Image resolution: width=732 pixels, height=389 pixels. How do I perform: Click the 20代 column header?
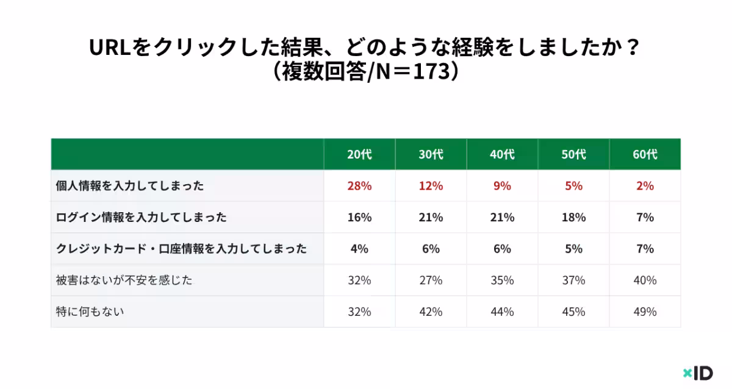359,155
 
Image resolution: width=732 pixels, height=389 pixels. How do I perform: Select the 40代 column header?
502,155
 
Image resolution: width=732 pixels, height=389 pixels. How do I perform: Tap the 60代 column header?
645,155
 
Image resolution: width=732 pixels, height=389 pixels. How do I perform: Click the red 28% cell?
359,186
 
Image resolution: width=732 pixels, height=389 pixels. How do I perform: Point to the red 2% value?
645,186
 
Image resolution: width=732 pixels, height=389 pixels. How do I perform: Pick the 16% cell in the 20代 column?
359,218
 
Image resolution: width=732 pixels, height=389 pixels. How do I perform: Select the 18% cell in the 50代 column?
573,218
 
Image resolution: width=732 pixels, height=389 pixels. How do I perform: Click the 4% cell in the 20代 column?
359,249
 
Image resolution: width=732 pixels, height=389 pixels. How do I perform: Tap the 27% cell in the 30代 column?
431,280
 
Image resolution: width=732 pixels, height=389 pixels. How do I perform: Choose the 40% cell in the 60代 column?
645,280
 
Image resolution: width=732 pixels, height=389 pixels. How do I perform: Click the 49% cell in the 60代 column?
645,312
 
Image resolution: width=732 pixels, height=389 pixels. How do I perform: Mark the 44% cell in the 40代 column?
502,312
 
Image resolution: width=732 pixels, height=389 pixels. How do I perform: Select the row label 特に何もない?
90,312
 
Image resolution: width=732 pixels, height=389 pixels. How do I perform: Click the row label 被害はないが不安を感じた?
124,280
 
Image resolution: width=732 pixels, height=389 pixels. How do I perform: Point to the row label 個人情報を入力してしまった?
129,186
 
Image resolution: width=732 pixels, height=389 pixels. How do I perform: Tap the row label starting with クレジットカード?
181,249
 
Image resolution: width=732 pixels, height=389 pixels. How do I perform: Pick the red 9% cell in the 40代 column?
502,186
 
